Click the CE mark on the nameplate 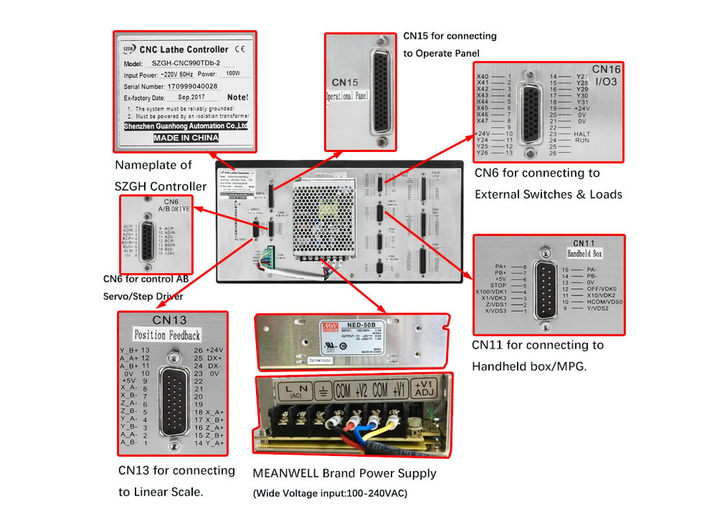[x=240, y=49]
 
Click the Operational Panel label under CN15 [x=347, y=94]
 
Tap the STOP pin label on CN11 [x=498, y=285]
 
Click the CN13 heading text [x=169, y=320]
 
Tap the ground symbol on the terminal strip [x=323, y=391]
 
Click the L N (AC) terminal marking [x=293, y=391]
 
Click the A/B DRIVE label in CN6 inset [x=169, y=210]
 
